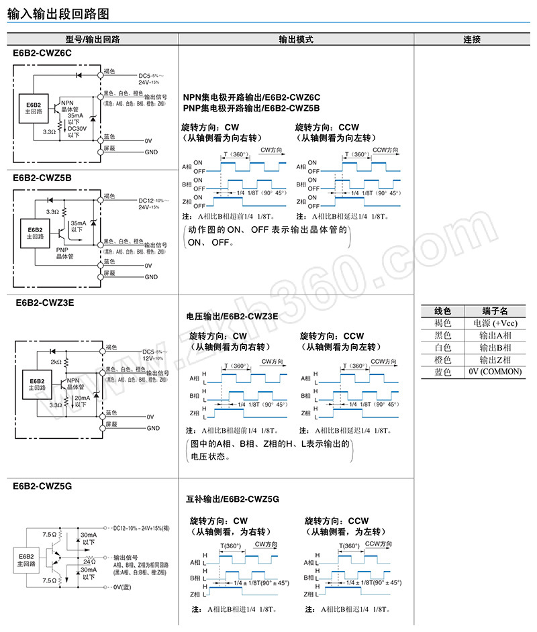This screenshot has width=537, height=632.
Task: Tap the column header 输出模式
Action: point(296,40)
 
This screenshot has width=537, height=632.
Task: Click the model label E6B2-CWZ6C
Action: point(42,52)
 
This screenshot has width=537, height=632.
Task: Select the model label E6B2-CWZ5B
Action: point(42,178)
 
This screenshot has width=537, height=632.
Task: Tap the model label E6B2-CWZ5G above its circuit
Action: point(42,487)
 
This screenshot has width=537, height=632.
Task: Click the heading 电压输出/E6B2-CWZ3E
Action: point(232,316)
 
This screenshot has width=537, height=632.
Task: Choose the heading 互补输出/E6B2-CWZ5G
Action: point(232,500)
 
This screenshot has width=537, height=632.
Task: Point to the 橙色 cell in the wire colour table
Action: point(443,360)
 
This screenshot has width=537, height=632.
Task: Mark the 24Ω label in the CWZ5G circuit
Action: point(89,561)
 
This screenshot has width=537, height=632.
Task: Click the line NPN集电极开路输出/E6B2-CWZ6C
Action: point(251,97)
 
